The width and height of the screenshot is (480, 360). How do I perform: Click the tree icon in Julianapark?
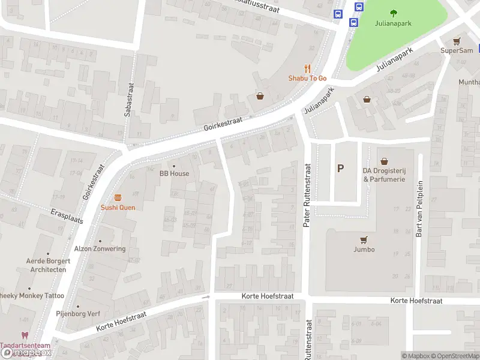point(394,13)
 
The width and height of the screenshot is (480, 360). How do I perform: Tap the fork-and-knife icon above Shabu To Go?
point(307,69)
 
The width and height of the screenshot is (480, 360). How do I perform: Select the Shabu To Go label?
point(307,79)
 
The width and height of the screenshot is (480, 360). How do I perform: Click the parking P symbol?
point(340,169)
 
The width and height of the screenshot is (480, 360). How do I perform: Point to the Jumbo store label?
point(364,250)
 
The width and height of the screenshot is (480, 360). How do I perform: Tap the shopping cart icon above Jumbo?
point(364,239)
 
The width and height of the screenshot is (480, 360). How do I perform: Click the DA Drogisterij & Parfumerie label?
point(384,175)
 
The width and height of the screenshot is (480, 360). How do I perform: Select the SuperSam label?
point(457,50)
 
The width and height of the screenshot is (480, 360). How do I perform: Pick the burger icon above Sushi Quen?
point(118,197)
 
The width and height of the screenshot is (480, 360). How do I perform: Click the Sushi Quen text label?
point(118,208)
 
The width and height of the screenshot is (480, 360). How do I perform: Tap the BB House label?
point(174,173)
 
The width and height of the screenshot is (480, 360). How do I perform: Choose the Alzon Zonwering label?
point(100,249)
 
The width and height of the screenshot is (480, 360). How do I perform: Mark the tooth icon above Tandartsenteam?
point(25,336)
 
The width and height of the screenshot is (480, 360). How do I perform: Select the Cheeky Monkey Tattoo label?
point(31,296)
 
